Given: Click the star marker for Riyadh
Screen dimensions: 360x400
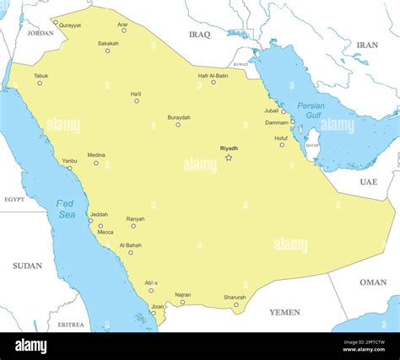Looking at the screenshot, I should point(229,158).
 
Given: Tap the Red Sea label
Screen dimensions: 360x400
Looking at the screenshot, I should point(67,209).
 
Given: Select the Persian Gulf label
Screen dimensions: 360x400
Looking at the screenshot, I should point(311,110).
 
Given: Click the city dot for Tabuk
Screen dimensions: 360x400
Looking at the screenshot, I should point(39,83).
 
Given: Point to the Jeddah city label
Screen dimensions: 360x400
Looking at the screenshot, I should point(99,214).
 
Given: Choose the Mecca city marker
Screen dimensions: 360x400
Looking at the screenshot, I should point(100,226).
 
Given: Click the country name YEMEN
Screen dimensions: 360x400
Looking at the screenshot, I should point(284,312).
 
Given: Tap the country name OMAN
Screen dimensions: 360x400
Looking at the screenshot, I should point(373,282).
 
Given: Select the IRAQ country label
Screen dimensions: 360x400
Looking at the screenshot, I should point(200,35).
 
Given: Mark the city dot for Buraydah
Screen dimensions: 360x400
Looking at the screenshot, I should point(178,125).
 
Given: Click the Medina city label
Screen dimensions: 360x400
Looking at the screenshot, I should point(96,155).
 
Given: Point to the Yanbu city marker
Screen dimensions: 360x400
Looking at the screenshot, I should point(69,168).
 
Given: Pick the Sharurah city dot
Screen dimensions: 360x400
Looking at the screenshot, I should point(236,304).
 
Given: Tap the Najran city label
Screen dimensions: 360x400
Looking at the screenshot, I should point(183,294).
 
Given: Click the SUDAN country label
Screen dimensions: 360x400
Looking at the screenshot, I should point(27,266).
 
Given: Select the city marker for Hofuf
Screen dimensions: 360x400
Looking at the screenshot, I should point(282,145).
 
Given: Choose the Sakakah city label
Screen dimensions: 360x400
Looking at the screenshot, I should point(108,43).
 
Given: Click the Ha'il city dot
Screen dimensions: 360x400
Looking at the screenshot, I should point(137,101).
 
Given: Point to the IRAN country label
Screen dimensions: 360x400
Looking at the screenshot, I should point(367,45).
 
